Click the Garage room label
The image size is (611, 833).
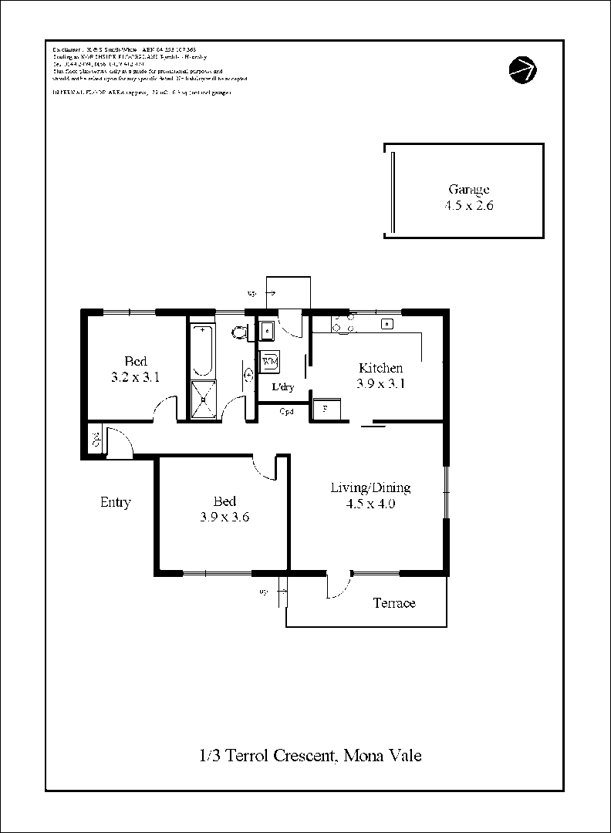(x=468, y=190)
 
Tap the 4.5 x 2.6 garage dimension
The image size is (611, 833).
(x=468, y=206)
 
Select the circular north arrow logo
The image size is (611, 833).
(x=522, y=69)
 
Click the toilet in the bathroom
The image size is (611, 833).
(x=240, y=333)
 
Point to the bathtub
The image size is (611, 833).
(x=203, y=351)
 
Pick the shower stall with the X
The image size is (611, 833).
(x=204, y=399)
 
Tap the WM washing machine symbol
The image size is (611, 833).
(x=270, y=361)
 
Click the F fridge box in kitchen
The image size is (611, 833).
(x=325, y=409)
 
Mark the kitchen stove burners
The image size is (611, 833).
(x=343, y=324)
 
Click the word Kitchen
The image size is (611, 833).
(x=380, y=368)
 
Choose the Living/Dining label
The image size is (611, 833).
(x=370, y=487)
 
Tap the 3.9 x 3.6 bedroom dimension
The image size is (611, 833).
(x=224, y=518)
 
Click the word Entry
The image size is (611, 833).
(x=116, y=502)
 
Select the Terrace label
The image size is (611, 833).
(x=394, y=603)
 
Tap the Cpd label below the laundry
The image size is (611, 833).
(x=285, y=411)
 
